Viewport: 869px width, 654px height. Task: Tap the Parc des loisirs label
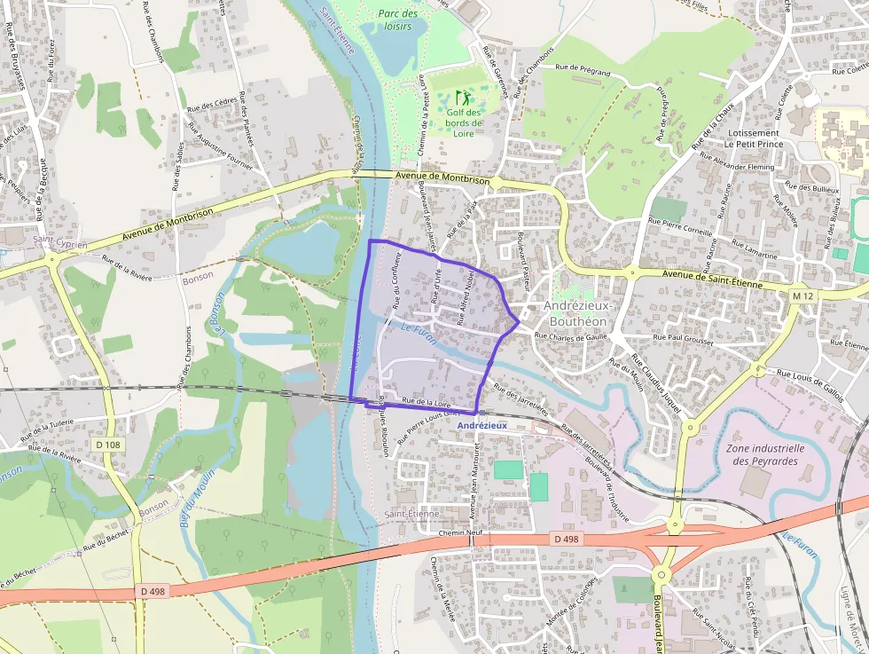pyautogui.click(x=397, y=20)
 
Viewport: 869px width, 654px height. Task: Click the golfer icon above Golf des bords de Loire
pyautogui.click(x=461, y=97)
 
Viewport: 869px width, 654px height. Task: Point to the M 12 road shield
pyautogui.click(x=802, y=295)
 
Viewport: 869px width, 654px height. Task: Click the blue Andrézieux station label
pyautogui.click(x=482, y=425)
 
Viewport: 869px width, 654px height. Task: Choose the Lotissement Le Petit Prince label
pyautogui.click(x=755, y=138)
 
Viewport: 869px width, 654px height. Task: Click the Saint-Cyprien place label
pyautogui.click(x=60, y=242)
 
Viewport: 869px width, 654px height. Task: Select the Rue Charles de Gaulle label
pyautogui.click(x=568, y=335)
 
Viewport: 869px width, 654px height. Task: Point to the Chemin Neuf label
pyautogui.click(x=459, y=532)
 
